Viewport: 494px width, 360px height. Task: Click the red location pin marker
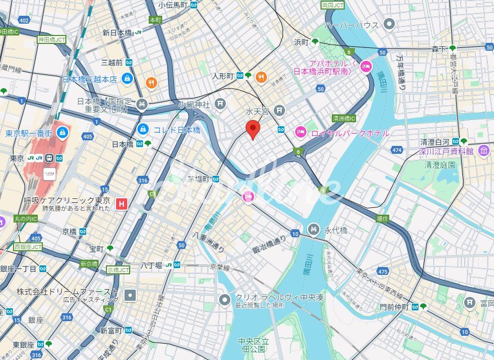(253, 129)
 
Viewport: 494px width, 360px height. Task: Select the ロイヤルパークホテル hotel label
(349, 133)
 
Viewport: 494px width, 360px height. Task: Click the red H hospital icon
(121, 204)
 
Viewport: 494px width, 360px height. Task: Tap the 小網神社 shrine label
(194, 104)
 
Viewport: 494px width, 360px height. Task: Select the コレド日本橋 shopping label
(177, 130)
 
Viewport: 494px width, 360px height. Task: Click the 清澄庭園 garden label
(439, 165)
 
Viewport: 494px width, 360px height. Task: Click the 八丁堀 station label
(152, 264)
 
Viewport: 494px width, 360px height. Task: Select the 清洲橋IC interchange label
(344, 119)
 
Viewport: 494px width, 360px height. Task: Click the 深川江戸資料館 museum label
(447, 151)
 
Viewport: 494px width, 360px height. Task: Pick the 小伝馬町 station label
(173, 5)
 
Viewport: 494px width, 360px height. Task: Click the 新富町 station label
(112, 330)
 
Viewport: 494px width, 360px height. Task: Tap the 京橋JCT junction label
(118, 270)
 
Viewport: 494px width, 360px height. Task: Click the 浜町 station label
(302, 42)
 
